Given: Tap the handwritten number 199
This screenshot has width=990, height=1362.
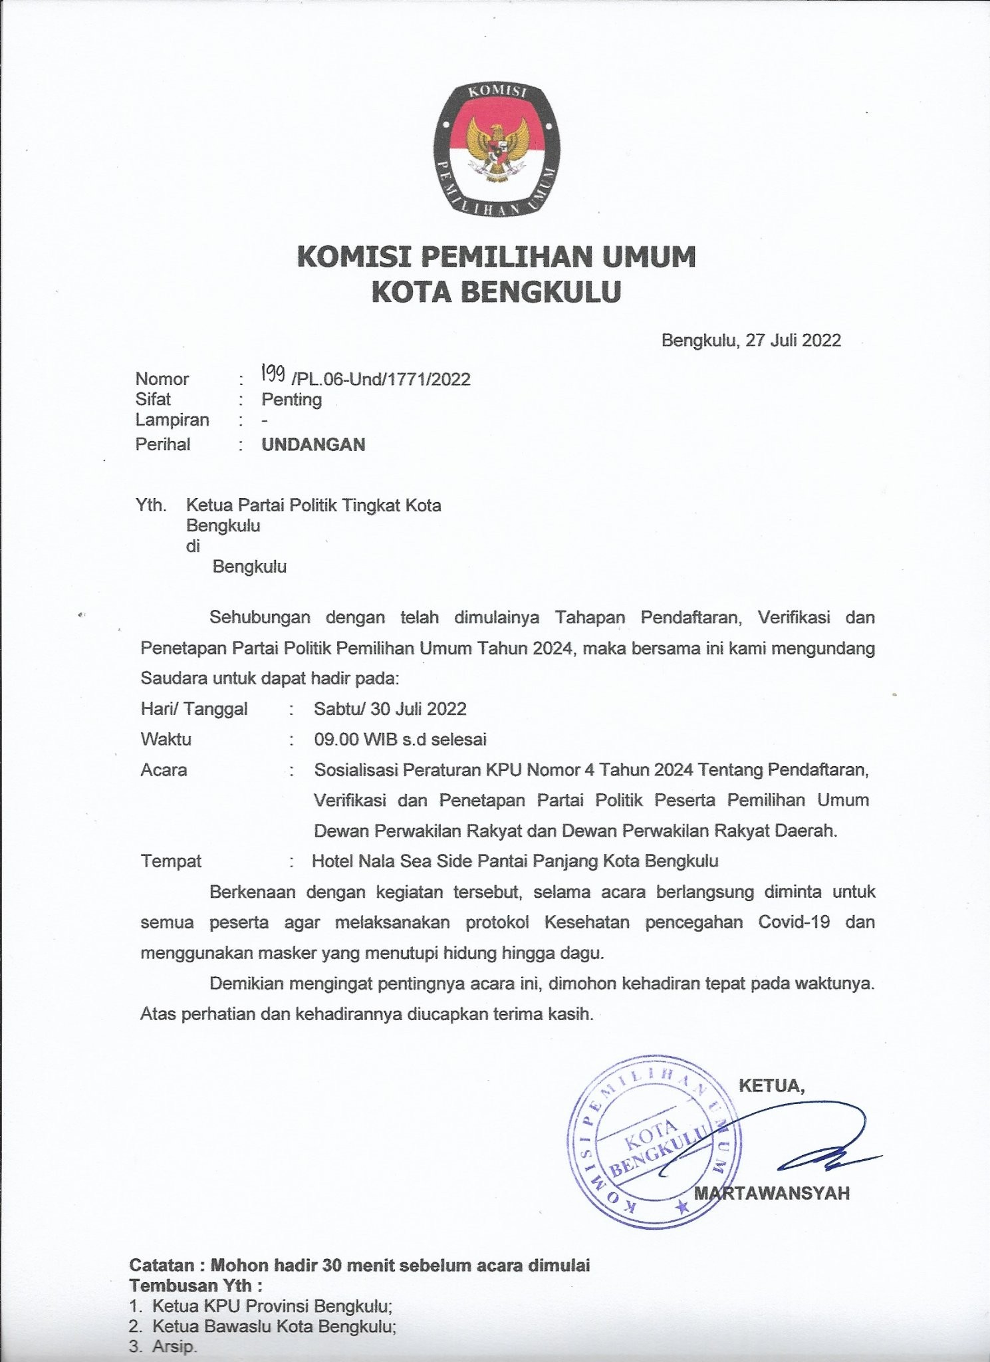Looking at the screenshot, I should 273,376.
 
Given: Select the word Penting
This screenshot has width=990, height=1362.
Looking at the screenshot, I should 291,400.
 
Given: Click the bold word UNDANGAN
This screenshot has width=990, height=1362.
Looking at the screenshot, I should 313,445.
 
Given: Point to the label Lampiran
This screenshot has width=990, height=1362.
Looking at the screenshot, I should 172,420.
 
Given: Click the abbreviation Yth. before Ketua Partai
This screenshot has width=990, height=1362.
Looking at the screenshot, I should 151,505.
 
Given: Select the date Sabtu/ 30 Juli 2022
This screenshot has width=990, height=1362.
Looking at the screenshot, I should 390,708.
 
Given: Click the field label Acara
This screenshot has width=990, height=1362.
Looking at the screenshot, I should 164,770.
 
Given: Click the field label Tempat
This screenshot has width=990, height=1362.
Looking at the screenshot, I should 171,861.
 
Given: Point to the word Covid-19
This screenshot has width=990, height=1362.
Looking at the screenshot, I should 793,922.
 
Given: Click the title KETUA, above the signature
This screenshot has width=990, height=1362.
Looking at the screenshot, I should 771,1086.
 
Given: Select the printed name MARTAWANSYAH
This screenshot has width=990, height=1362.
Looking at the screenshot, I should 772,1193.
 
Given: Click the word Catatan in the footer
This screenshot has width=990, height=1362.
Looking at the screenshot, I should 163,1265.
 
